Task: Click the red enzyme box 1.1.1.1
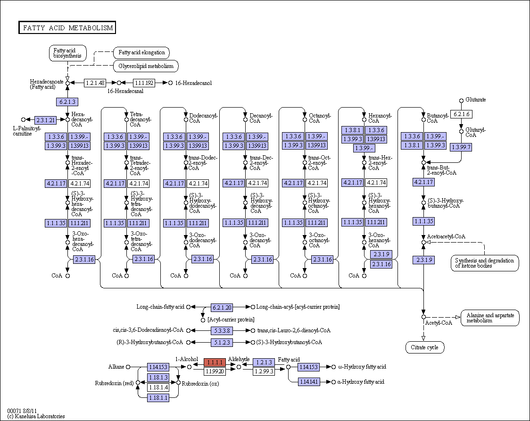point(215,362)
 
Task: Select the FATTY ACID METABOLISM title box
point(67,28)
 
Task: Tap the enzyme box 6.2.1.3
point(67,102)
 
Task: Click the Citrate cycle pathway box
point(424,347)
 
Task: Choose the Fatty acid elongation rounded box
point(141,52)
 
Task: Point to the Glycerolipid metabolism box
point(146,66)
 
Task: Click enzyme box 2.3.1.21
point(45,120)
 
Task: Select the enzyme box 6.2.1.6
point(461,114)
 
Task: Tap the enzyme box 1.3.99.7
point(461,147)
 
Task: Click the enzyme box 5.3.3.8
point(222,331)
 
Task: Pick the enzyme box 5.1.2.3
point(222,343)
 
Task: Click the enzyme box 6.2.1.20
point(222,308)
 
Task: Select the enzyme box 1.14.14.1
point(309,382)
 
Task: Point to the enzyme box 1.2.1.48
point(95,83)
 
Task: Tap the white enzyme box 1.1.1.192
point(144,83)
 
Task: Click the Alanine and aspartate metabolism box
point(490,318)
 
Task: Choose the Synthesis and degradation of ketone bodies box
point(485,263)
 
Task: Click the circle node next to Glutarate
point(461,101)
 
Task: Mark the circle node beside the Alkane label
point(128,367)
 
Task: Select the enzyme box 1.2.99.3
point(264,371)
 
